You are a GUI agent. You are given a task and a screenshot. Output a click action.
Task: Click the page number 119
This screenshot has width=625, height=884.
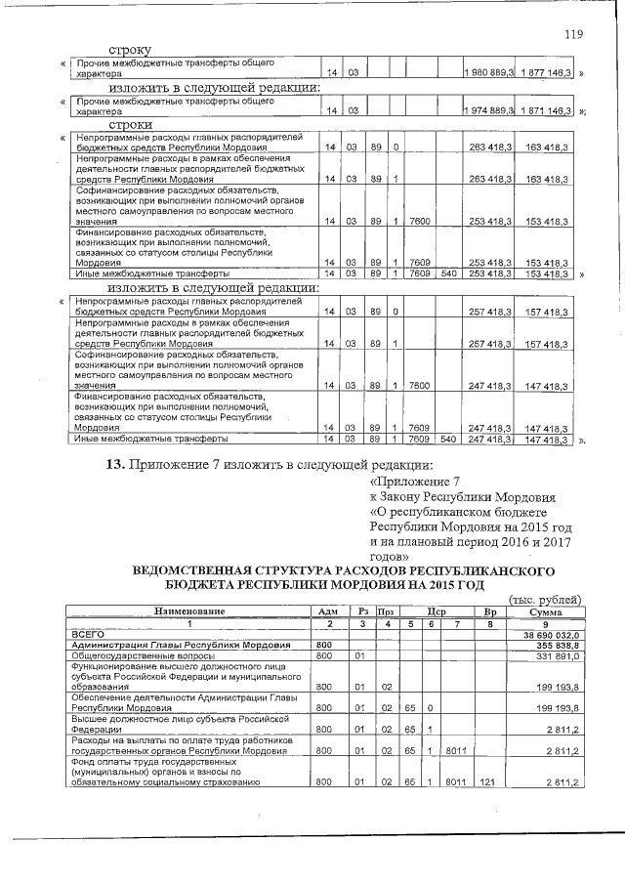coord(573,35)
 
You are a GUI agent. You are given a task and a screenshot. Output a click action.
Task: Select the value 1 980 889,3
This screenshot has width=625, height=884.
coord(489,72)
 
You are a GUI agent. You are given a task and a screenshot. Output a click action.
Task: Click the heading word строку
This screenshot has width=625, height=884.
coord(130,49)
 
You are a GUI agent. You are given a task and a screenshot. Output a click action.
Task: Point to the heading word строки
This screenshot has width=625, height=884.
coord(130,126)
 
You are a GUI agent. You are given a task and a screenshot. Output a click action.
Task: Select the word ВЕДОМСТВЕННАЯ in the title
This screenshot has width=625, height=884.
coord(188,568)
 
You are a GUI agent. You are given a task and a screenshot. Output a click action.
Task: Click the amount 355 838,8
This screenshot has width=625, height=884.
coord(557,645)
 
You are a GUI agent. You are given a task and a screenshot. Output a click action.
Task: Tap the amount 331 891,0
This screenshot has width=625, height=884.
coord(557,655)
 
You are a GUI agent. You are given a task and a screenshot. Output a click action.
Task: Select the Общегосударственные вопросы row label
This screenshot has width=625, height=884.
coord(138,655)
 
